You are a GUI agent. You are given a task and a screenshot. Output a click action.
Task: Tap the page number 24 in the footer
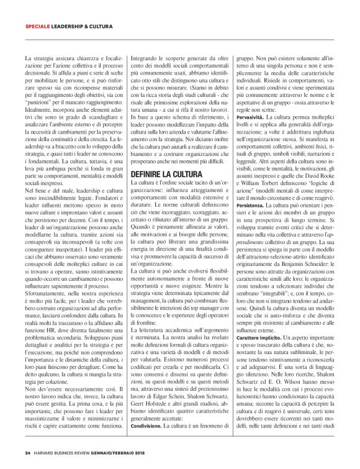pyautogui.click(x=27, y=453)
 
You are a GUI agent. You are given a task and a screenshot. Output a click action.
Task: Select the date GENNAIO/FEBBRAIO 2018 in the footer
pyautogui.click(x=128, y=453)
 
